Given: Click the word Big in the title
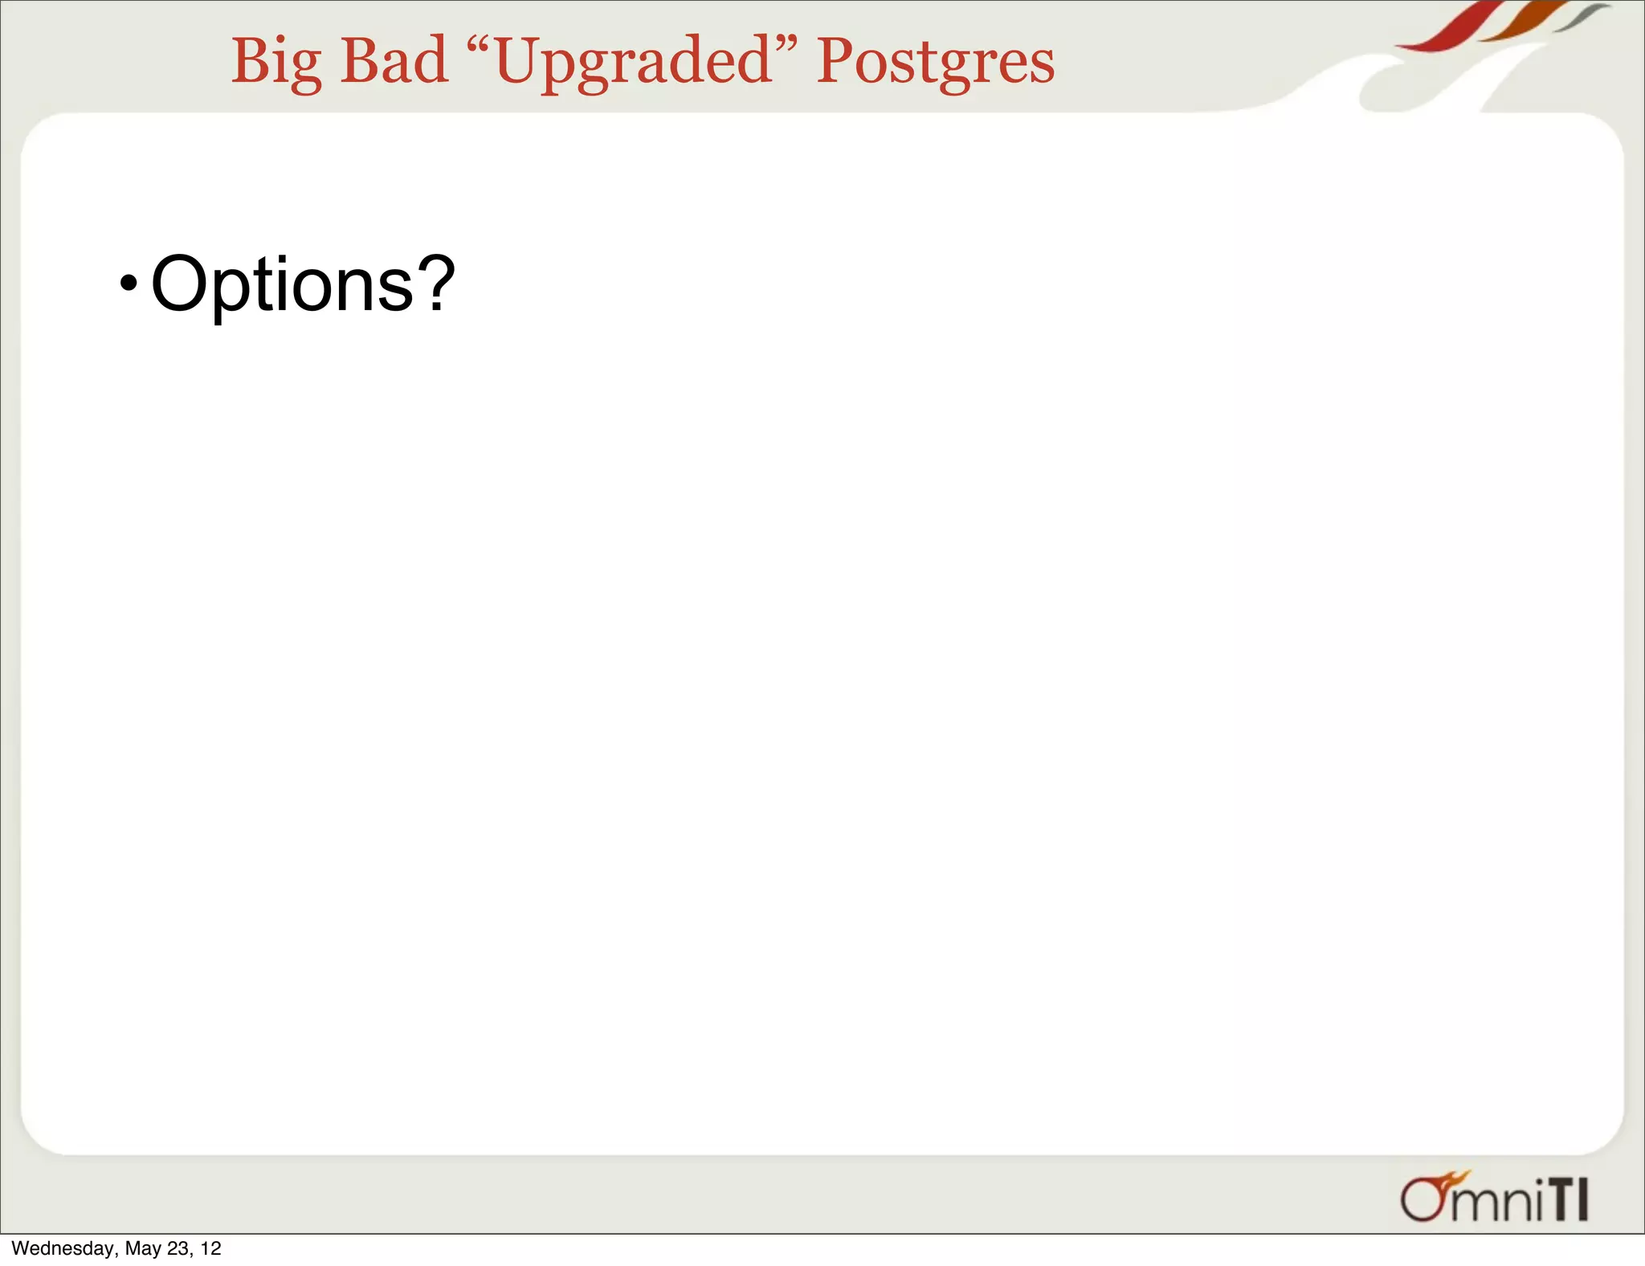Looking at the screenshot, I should click(x=276, y=63).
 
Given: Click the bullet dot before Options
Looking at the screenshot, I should click(x=128, y=284).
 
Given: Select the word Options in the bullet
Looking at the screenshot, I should click(x=282, y=285).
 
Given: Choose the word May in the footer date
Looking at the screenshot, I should click(x=143, y=1248).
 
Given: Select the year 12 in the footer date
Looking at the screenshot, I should click(x=210, y=1248).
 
